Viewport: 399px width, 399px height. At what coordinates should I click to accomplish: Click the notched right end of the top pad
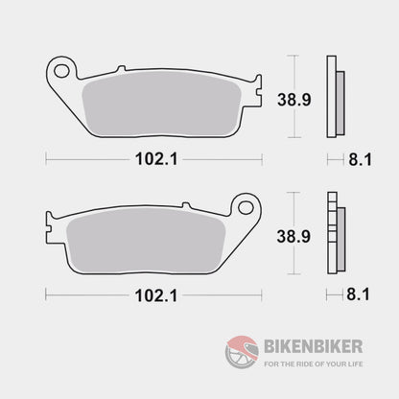coord(256,95)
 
